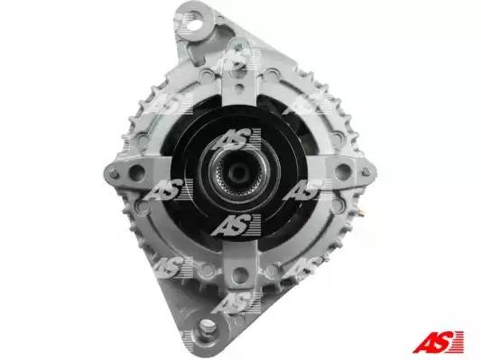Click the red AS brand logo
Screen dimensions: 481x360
[438, 342]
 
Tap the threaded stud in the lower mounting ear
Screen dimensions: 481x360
[208, 326]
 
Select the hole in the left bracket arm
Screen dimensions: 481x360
[137, 173]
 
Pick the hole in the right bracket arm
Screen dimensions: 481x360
[343, 171]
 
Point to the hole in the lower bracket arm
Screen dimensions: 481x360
[240, 274]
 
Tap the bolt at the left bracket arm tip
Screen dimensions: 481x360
[114, 174]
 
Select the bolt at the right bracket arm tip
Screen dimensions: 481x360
[366, 171]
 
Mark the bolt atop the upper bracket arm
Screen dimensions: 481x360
[238, 48]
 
